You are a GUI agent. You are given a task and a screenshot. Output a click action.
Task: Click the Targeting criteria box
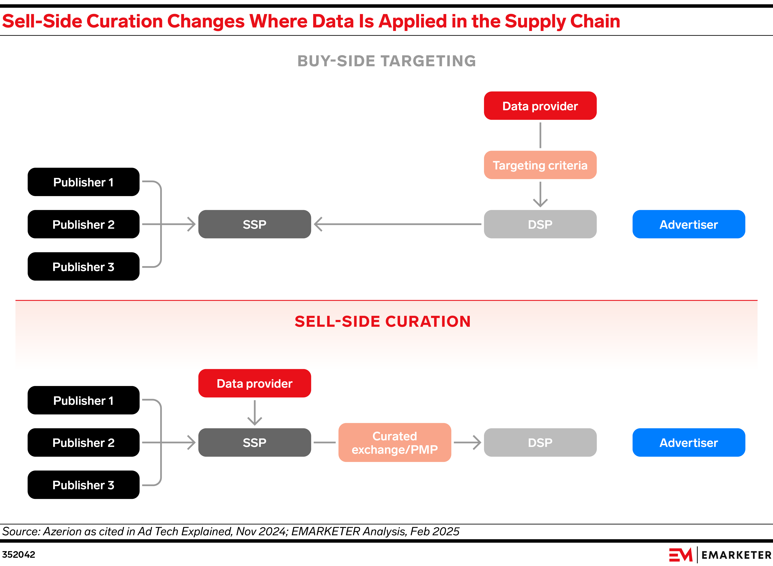540,165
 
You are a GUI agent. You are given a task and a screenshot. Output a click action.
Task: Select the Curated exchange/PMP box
395,442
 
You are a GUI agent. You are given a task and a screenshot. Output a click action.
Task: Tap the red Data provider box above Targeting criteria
540,106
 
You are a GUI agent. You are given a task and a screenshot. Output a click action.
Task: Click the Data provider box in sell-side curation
255,383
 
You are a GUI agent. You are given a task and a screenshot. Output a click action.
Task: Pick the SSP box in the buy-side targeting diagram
255,224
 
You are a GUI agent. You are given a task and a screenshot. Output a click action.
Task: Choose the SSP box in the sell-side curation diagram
255,442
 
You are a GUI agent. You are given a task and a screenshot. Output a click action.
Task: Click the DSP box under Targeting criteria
540,224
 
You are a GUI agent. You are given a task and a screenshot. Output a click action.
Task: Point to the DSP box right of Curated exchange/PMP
540,442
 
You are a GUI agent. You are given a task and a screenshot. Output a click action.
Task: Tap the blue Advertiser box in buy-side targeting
688,224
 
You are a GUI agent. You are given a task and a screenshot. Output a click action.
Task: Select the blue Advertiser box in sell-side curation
688,442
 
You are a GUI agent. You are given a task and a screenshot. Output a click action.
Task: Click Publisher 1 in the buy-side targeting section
83,182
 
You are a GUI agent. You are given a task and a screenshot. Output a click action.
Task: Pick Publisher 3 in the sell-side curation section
83,485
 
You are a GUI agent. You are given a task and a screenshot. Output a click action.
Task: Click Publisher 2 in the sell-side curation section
83,442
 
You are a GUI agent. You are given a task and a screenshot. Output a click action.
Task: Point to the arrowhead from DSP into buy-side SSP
318,224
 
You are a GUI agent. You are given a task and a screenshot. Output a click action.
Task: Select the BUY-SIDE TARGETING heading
386,61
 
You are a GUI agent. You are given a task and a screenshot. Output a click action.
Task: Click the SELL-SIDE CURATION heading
383,321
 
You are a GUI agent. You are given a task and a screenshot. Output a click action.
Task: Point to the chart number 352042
19,554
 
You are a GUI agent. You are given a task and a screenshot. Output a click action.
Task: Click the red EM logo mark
680,555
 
